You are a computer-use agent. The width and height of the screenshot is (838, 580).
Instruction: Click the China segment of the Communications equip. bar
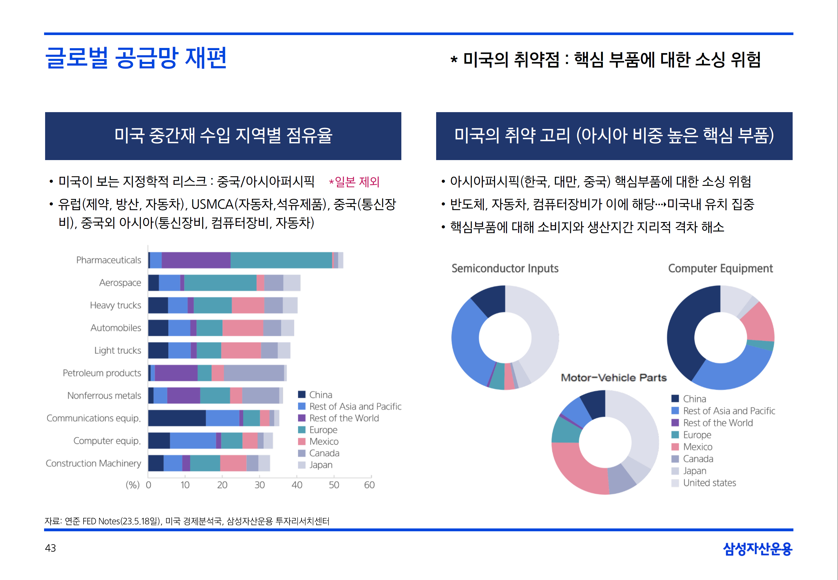177,418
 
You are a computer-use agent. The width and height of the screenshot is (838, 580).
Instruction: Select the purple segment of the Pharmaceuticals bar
196,260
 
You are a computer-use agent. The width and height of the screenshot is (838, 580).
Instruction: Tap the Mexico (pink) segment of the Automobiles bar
242,328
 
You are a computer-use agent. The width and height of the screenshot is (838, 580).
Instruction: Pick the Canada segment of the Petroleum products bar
254,373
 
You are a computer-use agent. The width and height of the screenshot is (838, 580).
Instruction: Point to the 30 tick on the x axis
260,485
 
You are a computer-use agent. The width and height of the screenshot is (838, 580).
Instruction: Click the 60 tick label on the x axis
369,485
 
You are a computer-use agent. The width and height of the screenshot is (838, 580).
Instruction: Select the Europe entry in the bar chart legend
323,430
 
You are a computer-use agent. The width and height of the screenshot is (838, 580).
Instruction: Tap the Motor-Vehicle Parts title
613,378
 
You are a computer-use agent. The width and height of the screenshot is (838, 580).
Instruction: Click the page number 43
51,548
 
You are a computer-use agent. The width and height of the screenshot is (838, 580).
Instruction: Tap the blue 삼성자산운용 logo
757,549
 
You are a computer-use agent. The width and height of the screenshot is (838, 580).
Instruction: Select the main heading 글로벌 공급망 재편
136,58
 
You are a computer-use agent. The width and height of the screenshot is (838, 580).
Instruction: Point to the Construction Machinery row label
93,463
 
